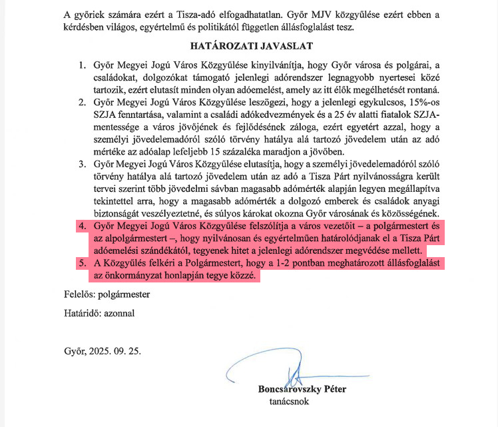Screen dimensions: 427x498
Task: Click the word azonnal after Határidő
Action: click(124, 313)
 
